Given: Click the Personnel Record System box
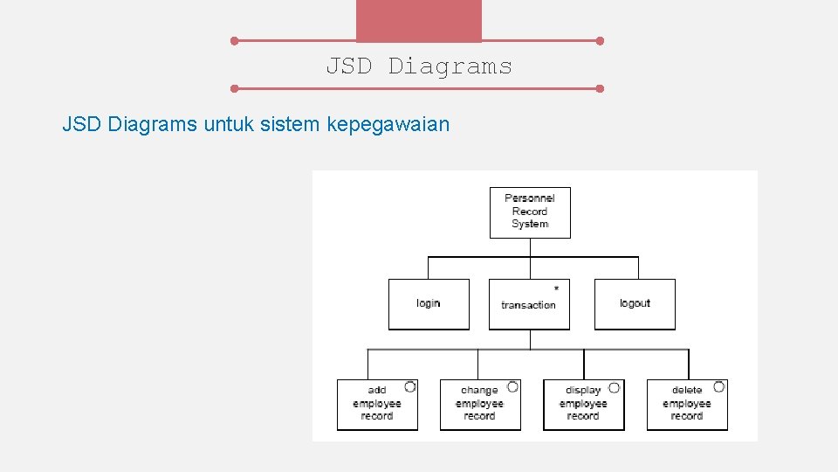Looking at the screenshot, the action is click(530, 212).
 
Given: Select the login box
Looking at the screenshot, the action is click(429, 304).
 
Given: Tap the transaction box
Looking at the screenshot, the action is click(529, 305).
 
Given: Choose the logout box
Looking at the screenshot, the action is click(635, 304).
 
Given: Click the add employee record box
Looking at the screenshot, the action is click(377, 405).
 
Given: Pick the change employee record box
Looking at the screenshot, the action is click(480, 405).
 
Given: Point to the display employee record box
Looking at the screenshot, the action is click(583, 405).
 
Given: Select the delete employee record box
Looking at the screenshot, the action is click(687, 405).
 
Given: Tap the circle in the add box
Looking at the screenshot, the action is click(410, 386).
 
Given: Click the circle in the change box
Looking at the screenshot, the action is click(513, 386).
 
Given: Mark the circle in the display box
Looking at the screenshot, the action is click(615, 386).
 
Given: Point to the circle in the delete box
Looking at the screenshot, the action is click(718, 386).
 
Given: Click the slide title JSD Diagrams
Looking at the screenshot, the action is click(419, 66).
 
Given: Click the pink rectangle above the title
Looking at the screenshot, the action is click(419, 20).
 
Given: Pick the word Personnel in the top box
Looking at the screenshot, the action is click(530, 198).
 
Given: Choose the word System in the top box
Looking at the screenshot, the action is click(530, 225).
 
